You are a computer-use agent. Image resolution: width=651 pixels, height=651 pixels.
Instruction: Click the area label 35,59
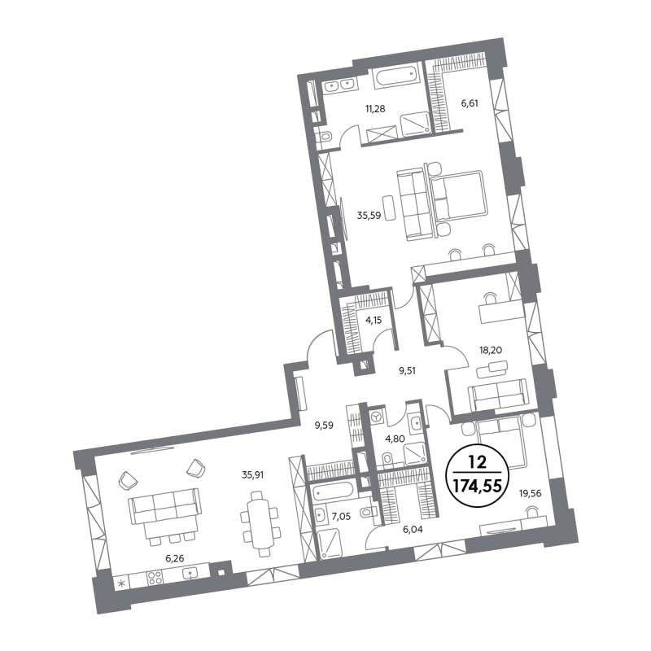369,216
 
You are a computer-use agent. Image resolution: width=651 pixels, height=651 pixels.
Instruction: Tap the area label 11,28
375,109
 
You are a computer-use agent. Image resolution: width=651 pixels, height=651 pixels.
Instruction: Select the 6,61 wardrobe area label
470,103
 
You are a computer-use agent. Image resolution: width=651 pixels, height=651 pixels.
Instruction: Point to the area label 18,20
491,350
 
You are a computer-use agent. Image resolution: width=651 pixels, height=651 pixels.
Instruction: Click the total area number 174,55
478,485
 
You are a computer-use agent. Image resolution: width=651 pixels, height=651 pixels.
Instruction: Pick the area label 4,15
374,320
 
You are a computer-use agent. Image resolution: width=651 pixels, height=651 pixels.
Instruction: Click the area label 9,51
408,370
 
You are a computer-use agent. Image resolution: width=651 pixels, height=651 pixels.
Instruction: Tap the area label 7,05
341,517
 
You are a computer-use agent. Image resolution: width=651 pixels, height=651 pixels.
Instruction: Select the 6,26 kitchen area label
174,558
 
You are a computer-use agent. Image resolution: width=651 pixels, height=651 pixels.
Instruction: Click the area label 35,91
253,474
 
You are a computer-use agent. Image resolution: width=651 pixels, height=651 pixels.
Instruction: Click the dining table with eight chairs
260,524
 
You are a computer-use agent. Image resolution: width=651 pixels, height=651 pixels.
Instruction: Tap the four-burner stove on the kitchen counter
155,578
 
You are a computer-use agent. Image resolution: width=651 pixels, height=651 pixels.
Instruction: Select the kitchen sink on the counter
190,574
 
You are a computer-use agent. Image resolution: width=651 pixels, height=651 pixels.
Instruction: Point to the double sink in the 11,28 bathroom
339,85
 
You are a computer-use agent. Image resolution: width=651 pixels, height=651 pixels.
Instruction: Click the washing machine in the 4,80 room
377,417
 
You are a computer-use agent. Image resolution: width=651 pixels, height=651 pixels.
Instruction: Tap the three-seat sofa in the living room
164,506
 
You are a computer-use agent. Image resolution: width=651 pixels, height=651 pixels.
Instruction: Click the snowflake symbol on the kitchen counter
121,583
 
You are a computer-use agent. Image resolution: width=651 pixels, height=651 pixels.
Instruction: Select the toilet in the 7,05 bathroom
369,513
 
